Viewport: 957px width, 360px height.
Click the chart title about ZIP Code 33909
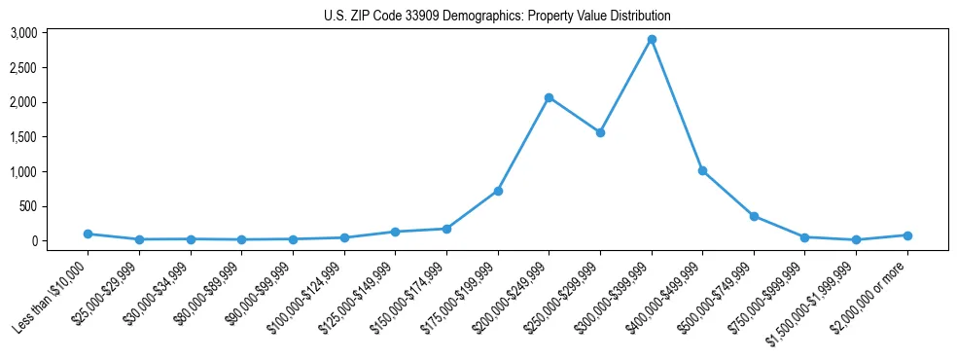point(497,16)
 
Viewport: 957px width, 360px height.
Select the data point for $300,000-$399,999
point(652,39)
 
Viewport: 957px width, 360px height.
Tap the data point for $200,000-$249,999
point(549,97)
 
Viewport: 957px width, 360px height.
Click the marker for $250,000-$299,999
point(600,132)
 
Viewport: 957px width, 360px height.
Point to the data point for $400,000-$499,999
point(702,170)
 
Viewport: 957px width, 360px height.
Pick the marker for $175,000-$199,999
point(498,191)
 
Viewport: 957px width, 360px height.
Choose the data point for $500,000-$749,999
point(754,216)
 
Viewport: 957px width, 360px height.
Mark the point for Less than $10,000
point(88,234)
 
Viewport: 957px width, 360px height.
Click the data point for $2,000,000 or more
point(907,234)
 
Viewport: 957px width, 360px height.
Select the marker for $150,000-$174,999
point(446,229)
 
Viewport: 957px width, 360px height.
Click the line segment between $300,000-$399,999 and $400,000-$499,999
point(677,105)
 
